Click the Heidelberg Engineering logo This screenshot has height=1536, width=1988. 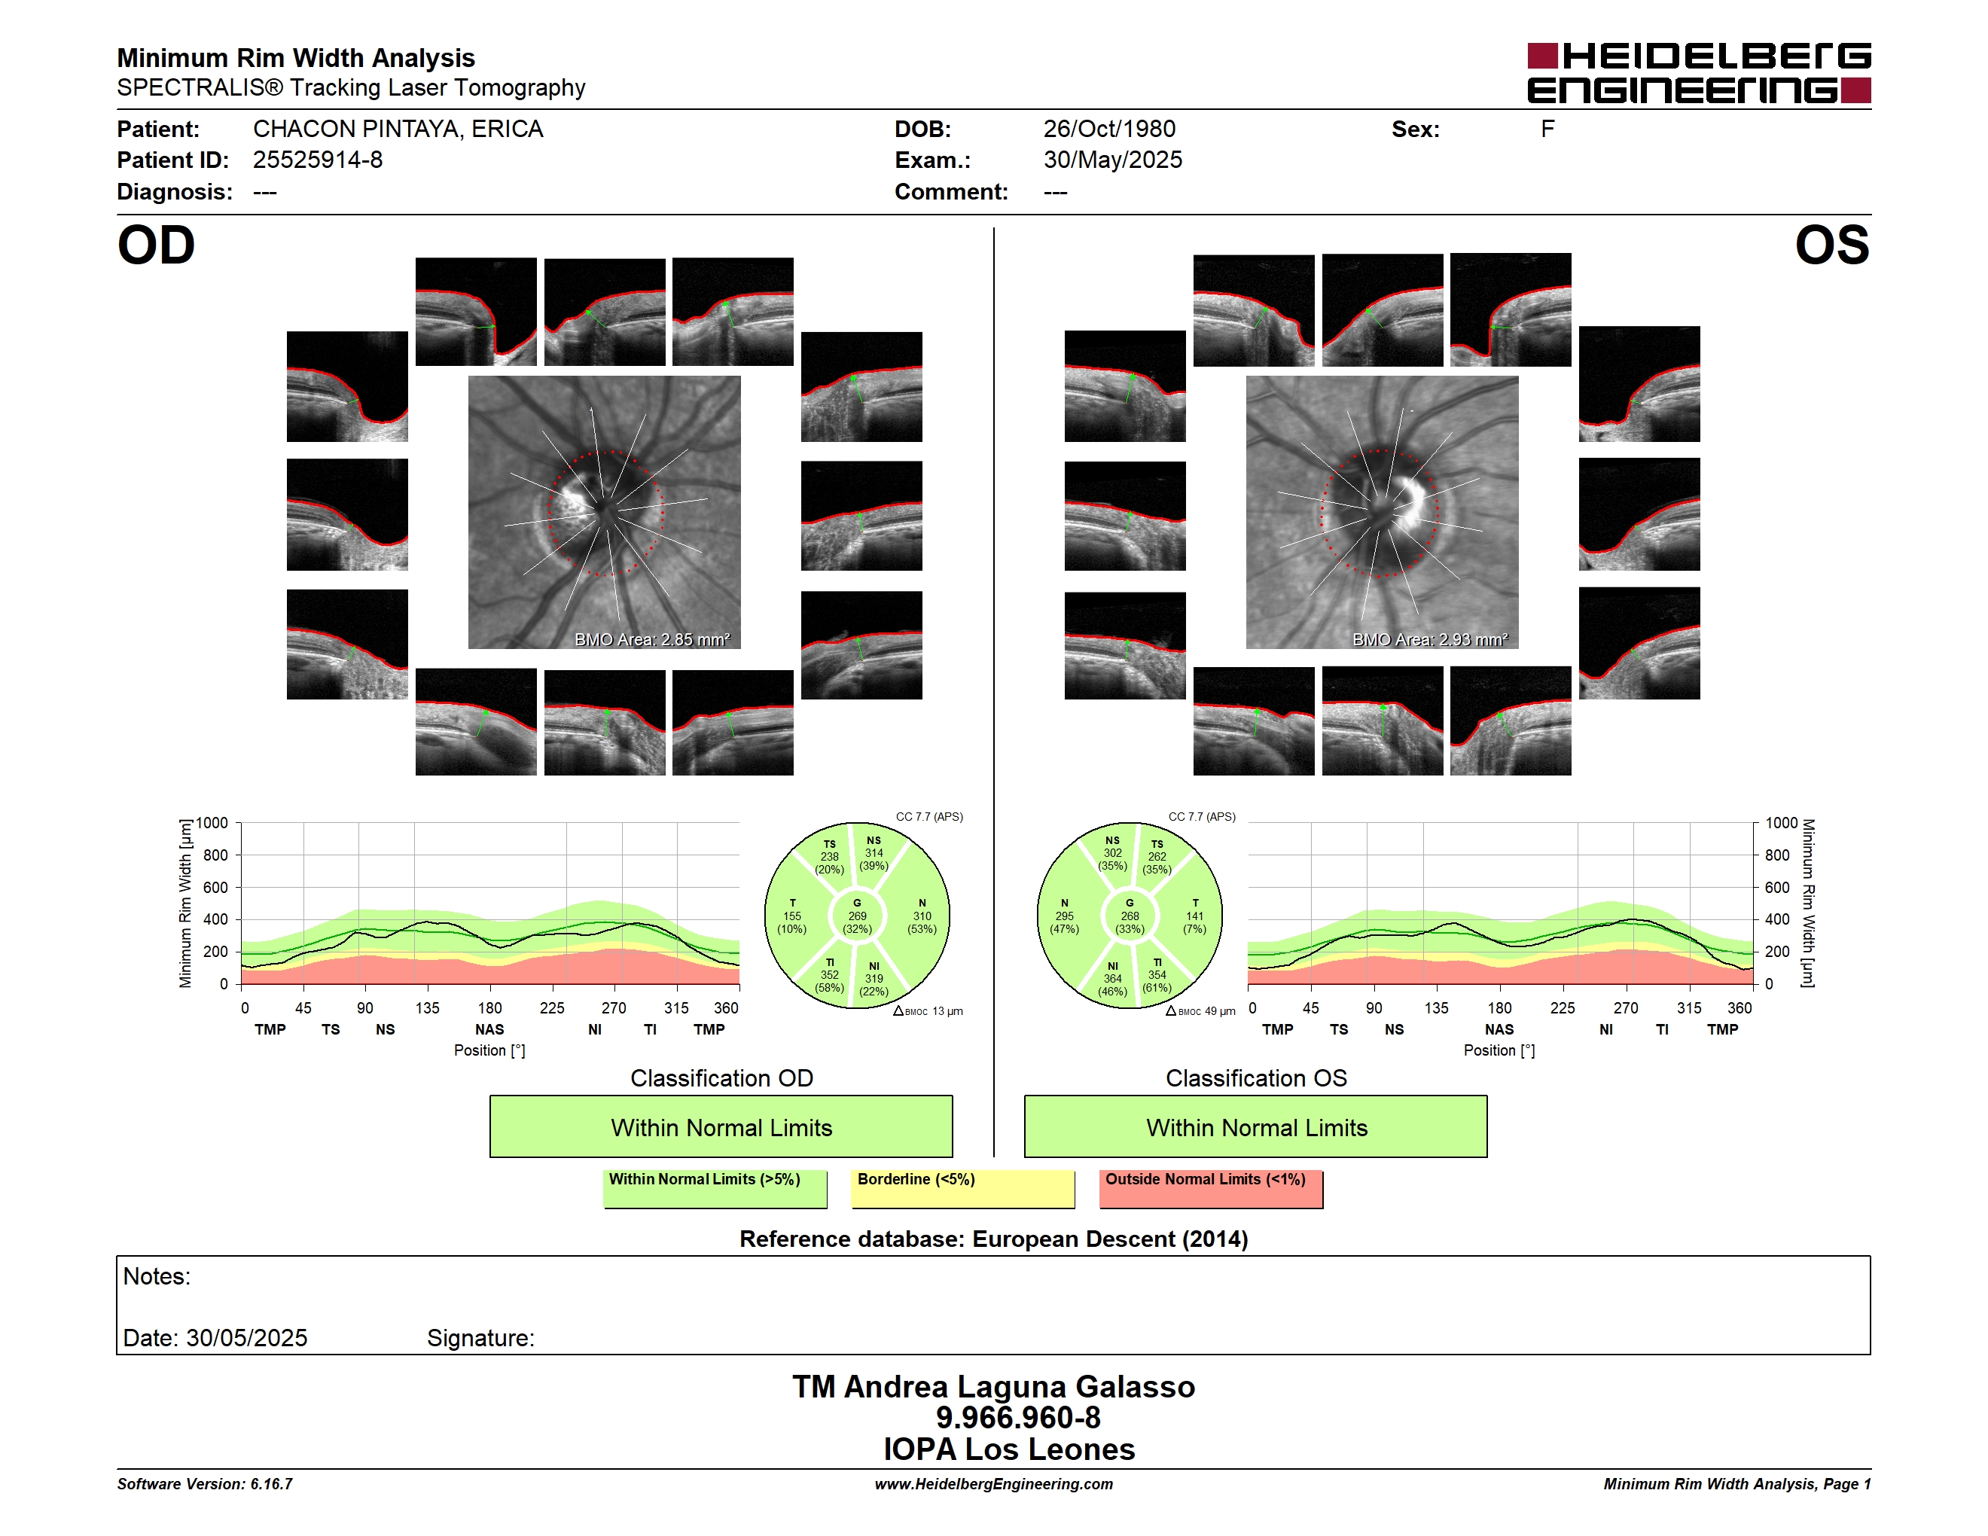(1699, 73)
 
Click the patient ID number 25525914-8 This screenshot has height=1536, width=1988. (318, 160)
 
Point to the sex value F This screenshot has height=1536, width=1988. (1547, 130)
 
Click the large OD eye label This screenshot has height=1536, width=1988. (157, 245)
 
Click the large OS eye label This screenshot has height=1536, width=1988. (1831, 245)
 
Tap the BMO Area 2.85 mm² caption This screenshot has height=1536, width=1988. (651, 640)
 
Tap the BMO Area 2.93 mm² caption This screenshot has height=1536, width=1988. (1429, 640)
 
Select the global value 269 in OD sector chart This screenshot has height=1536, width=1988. (858, 916)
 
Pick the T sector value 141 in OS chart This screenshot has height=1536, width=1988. (1195, 916)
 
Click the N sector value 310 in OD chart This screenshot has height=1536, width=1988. (922, 916)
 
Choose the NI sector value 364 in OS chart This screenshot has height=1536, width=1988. (1112, 979)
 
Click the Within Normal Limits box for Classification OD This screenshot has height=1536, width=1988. (721, 1126)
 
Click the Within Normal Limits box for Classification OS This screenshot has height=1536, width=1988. (1256, 1126)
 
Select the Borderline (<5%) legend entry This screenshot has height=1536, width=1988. (963, 1188)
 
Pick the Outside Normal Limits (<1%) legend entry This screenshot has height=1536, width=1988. (1212, 1188)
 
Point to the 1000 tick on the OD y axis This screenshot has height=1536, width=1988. (212, 824)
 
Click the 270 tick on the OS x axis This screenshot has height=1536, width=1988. (1626, 1008)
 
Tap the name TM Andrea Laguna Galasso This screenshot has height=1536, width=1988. (993, 1387)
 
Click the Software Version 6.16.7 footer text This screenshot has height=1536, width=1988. (205, 1484)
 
